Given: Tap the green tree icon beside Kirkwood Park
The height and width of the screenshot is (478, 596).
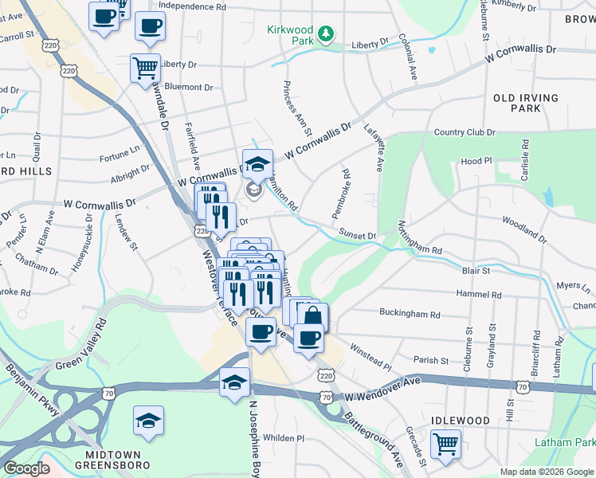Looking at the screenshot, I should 325,33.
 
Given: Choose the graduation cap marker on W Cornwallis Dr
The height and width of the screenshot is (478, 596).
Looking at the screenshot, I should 257,163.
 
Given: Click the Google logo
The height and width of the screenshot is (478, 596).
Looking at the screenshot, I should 26,468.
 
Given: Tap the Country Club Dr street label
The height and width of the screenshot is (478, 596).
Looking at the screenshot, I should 465,132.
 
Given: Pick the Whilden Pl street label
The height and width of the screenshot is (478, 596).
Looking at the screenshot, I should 284,438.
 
